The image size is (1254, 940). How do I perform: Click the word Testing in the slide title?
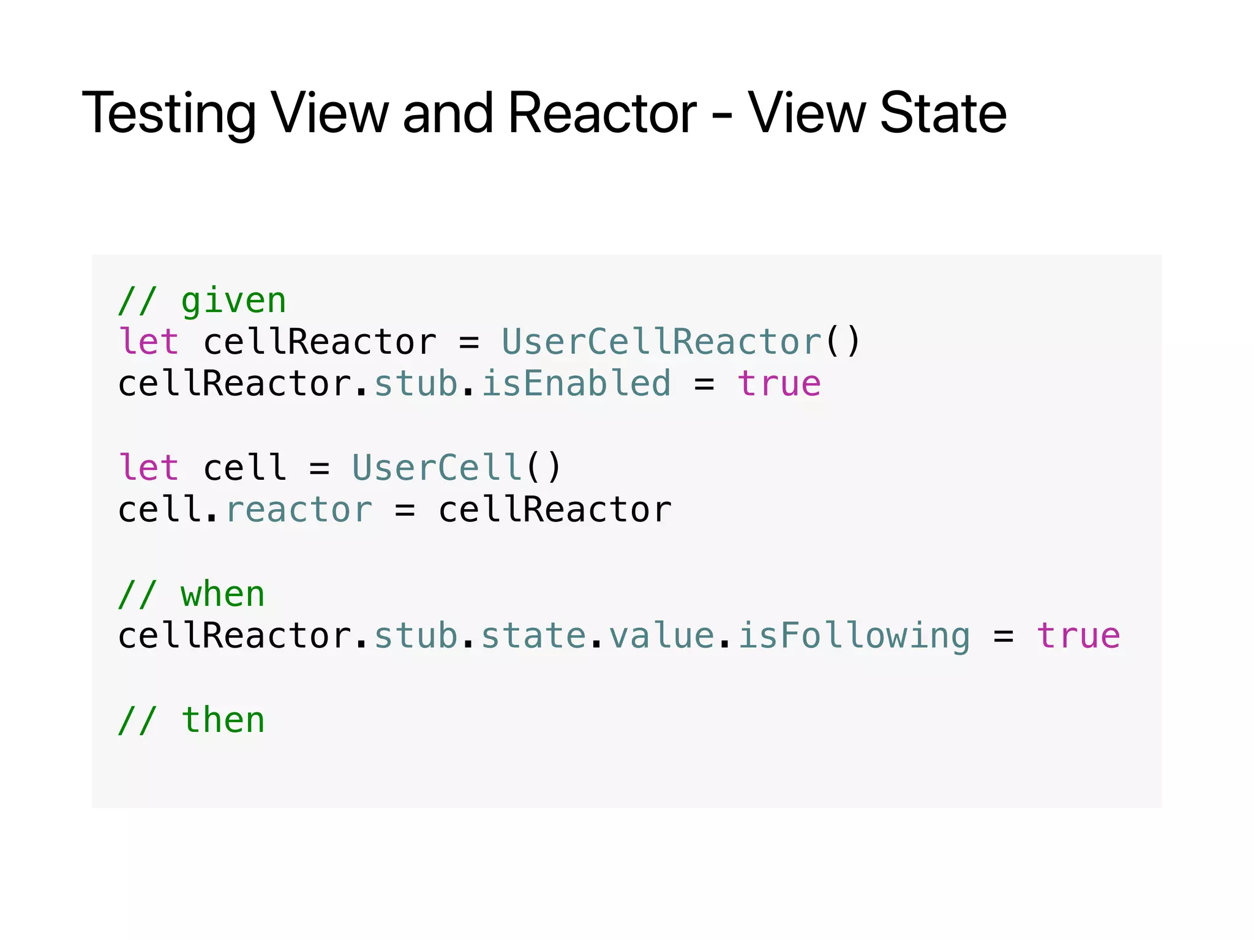[x=169, y=114]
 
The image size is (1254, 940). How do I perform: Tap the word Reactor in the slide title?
[x=602, y=114]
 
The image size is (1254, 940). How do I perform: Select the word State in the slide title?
[x=943, y=114]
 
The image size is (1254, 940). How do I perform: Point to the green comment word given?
[x=233, y=302]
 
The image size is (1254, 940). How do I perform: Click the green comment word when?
[x=223, y=595]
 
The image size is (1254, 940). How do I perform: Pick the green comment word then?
[x=223, y=720]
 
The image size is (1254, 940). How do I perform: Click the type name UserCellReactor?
[x=661, y=341]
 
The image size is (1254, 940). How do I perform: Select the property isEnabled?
[x=576, y=384]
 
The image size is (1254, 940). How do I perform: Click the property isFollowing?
[x=854, y=636]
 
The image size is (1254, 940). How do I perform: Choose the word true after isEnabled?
[x=779, y=384]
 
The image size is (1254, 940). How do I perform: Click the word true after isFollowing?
[x=1078, y=636]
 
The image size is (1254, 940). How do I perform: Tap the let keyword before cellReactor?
[x=149, y=341]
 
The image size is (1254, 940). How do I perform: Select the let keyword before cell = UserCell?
[x=149, y=468]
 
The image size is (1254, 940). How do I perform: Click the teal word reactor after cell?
[x=299, y=510]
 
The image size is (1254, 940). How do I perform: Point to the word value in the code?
[x=661, y=636]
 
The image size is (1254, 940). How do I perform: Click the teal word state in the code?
[x=533, y=636]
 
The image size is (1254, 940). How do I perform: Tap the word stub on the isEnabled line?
[x=416, y=384]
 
